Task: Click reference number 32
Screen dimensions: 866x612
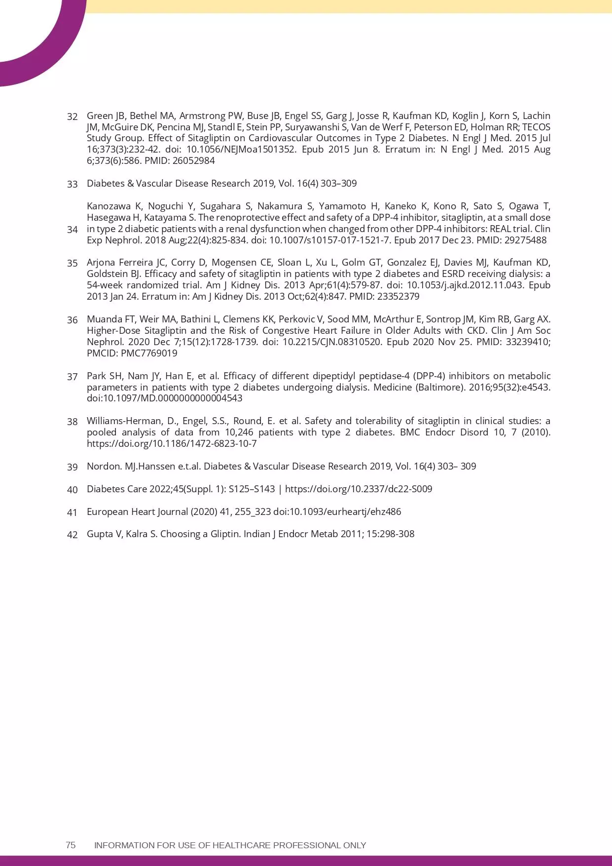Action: tap(72, 117)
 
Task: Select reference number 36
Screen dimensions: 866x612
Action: tap(72, 320)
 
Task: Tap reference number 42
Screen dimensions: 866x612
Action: tap(72, 535)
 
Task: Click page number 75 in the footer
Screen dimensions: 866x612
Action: tap(71, 845)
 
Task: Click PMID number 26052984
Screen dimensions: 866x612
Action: tap(194, 161)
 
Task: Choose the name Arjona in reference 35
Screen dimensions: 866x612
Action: tap(101, 262)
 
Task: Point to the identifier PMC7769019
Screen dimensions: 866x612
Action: tap(149, 354)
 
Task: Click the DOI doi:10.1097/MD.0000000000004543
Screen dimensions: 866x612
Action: tap(164, 398)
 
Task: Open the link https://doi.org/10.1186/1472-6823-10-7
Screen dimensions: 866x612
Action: tap(172, 443)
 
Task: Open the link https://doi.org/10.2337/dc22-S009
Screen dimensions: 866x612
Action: tap(359, 489)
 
